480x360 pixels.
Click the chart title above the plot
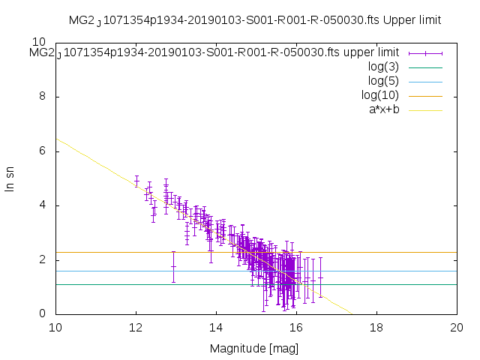pos(254,19)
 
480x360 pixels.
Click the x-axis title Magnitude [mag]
pos(255,349)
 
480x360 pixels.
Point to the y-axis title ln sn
pos(10,178)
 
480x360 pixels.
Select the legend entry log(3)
pos(383,67)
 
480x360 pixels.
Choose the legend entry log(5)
pos(383,81)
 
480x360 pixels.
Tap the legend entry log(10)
pos(379,95)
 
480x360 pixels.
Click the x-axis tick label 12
pos(136,328)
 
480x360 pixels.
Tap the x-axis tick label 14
pos(216,328)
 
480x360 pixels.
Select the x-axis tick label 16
pos(296,328)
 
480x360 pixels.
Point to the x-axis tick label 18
pos(376,328)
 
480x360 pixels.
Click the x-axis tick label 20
pos(457,328)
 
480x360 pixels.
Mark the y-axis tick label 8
pos(42,97)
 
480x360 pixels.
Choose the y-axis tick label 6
pos(42,151)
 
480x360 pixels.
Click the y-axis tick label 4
pos(42,205)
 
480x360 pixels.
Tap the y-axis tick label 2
pos(42,259)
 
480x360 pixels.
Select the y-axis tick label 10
pos(39,43)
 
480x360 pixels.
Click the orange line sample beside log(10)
pos(425,96)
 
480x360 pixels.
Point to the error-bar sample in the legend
pos(425,53)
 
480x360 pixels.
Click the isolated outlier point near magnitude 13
pos(173,266)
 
